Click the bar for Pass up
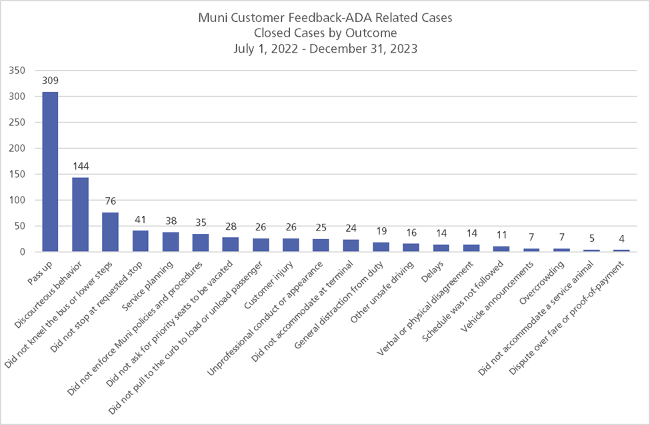coord(50,172)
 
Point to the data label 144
coord(80,165)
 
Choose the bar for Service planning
coord(171,242)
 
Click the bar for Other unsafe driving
coord(411,248)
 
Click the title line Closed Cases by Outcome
coord(325,33)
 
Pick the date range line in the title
coord(325,48)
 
